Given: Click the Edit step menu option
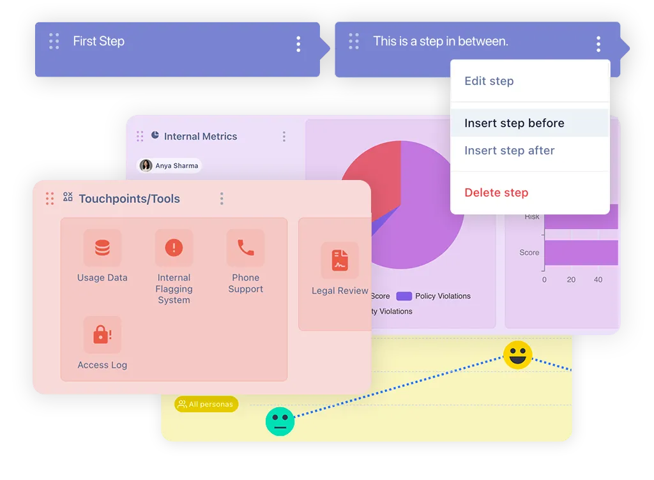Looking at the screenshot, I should click(x=489, y=81).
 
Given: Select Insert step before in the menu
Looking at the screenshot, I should click(x=514, y=123).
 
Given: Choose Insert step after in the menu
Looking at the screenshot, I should click(x=509, y=151).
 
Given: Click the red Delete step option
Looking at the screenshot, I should click(x=496, y=193).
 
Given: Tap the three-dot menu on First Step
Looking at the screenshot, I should click(x=298, y=43).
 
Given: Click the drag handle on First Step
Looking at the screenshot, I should click(x=54, y=41).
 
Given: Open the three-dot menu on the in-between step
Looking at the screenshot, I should click(x=598, y=43).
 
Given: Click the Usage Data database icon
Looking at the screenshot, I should click(x=102, y=248).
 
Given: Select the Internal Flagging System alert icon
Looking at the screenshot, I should click(x=174, y=248).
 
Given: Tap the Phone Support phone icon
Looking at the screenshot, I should click(x=245, y=248).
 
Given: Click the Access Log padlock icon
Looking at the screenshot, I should click(x=102, y=334).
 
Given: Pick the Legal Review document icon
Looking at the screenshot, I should click(x=340, y=260).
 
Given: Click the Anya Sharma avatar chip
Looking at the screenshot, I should click(x=170, y=166).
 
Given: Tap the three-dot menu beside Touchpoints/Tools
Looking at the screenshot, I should click(x=222, y=199).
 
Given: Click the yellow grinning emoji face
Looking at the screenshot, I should click(x=517, y=355).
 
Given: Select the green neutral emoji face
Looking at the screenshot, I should click(x=280, y=421).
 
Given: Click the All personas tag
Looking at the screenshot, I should click(x=206, y=404).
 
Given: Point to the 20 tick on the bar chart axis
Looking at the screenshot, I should click(x=571, y=280).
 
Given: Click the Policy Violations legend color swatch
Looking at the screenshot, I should click(x=404, y=296).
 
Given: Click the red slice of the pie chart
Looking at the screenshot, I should click(x=370, y=179).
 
